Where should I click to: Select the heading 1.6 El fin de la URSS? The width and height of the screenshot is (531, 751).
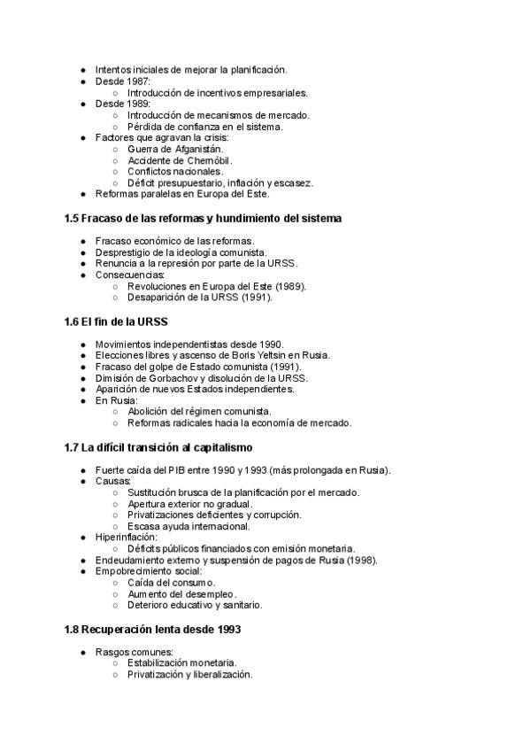tap(115, 321)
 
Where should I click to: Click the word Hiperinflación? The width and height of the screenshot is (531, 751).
tap(127, 537)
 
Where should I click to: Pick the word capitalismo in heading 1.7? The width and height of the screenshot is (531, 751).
tap(218, 446)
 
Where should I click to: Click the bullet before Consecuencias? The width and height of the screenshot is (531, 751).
tap(83, 275)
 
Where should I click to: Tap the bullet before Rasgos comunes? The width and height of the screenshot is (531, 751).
tap(83, 652)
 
